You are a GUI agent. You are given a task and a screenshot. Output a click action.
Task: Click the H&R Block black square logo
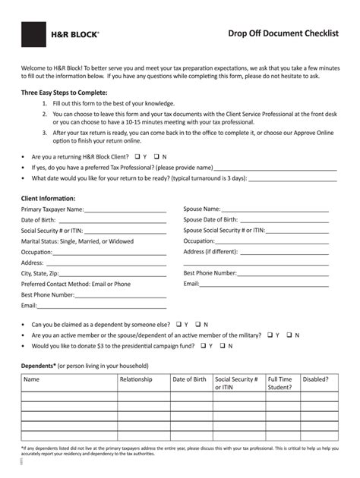(34, 34)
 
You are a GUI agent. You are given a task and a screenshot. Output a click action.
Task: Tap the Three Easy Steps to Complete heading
(65, 93)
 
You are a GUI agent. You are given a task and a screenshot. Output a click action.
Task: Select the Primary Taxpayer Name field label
(52, 209)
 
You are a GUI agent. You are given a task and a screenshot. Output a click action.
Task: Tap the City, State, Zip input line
(113, 274)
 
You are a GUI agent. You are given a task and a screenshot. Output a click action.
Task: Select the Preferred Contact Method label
(75, 284)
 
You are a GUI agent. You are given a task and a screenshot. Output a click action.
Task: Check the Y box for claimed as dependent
(185, 324)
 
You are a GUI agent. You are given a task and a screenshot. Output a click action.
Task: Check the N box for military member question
(288, 335)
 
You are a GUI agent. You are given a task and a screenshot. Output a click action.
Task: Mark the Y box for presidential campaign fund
(202, 345)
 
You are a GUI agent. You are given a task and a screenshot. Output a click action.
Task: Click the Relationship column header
(136, 379)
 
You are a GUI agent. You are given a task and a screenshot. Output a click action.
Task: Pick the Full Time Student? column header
(279, 383)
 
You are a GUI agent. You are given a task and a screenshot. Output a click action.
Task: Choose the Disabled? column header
(315, 379)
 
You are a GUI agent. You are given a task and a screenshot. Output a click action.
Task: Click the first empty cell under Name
(68, 396)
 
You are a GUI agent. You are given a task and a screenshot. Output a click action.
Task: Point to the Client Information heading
(48, 198)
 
